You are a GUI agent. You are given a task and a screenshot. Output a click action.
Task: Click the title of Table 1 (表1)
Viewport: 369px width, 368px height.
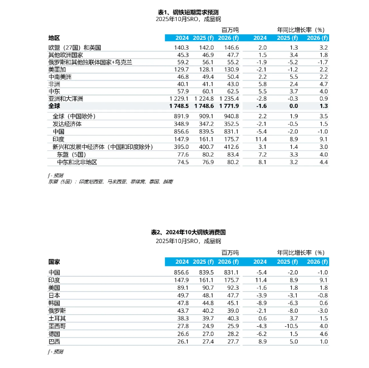pyautogui.click(x=188, y=12)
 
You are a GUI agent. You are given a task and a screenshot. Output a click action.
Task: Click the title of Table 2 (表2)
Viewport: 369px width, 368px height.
pyautogui.click(x=188, y=232)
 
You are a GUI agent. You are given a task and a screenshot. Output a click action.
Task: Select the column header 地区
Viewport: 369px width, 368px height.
pyautogui.click(x=54, y=38)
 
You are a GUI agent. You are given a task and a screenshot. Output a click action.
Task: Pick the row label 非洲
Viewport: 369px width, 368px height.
pyautogui.click(x=54, y=84)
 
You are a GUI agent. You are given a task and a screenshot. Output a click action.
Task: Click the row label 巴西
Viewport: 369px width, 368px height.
pyautogui.click(x=54, y=342)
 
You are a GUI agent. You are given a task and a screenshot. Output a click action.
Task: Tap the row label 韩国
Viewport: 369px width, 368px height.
pyautogui.click(x=54, y=303)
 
